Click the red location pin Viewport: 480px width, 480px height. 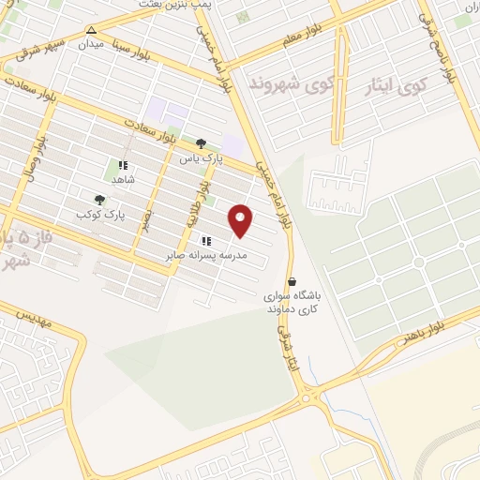point(242,219)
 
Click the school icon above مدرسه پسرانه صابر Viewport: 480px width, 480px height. point(206,241)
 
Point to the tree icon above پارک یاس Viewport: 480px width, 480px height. point(201,143)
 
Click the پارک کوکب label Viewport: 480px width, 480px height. point(100,215)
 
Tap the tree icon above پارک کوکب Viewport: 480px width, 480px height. point(99,199)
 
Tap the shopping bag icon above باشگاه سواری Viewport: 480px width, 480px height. point(292,281)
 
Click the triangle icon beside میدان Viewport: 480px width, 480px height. point(90,30)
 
